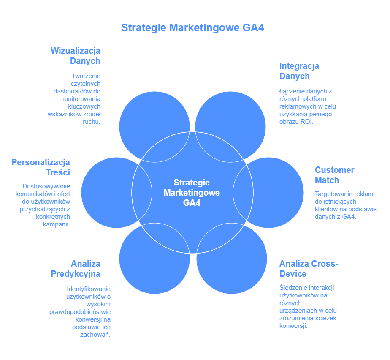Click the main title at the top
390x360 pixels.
tap(192, 28)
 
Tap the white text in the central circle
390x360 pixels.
tap(192, 193)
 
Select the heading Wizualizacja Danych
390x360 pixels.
tap(76, 56)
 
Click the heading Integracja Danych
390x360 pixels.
tap(299, 71)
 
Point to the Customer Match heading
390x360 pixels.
tap(334, 175)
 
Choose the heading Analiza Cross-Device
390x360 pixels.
tap(309, 269)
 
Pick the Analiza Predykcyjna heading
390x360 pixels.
tap(76, 269)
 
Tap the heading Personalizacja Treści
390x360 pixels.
tap(41, 167)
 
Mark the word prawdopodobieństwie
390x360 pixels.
tap(80, 311)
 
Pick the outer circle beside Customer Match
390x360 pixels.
tap(279, 193)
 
